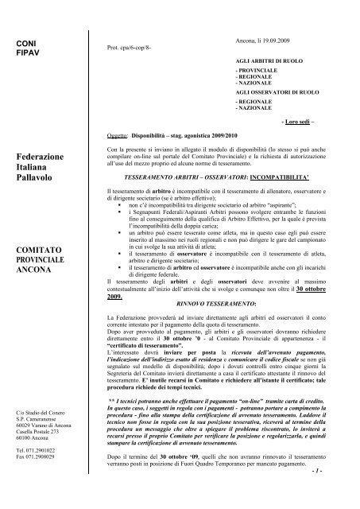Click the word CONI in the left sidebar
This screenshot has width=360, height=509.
point(27,40)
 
